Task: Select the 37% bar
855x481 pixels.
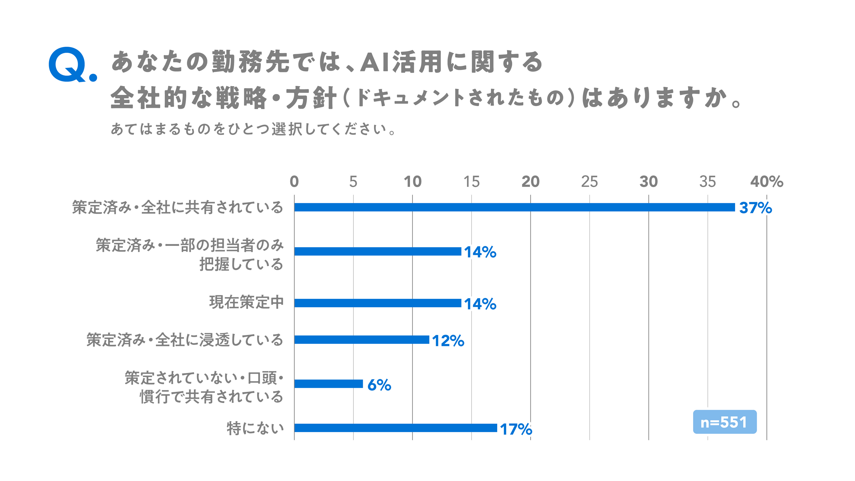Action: (x=515, y=207)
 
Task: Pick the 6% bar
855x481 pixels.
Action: (x=329, y=384)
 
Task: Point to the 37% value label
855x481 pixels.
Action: (x=755, y=208)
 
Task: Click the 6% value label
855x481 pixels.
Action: (x=379, y=385)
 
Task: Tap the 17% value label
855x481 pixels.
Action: (x=516, y=429)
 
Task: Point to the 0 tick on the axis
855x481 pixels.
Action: (x=294, y=182)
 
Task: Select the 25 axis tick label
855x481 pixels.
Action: (x=590, y=182)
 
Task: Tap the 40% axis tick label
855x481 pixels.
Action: (x=767, y=182)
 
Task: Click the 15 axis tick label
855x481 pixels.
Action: (x=471, y=182)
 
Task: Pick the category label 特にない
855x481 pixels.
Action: (x=255, y=428)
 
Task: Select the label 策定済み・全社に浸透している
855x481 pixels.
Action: (x=185, y=340)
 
